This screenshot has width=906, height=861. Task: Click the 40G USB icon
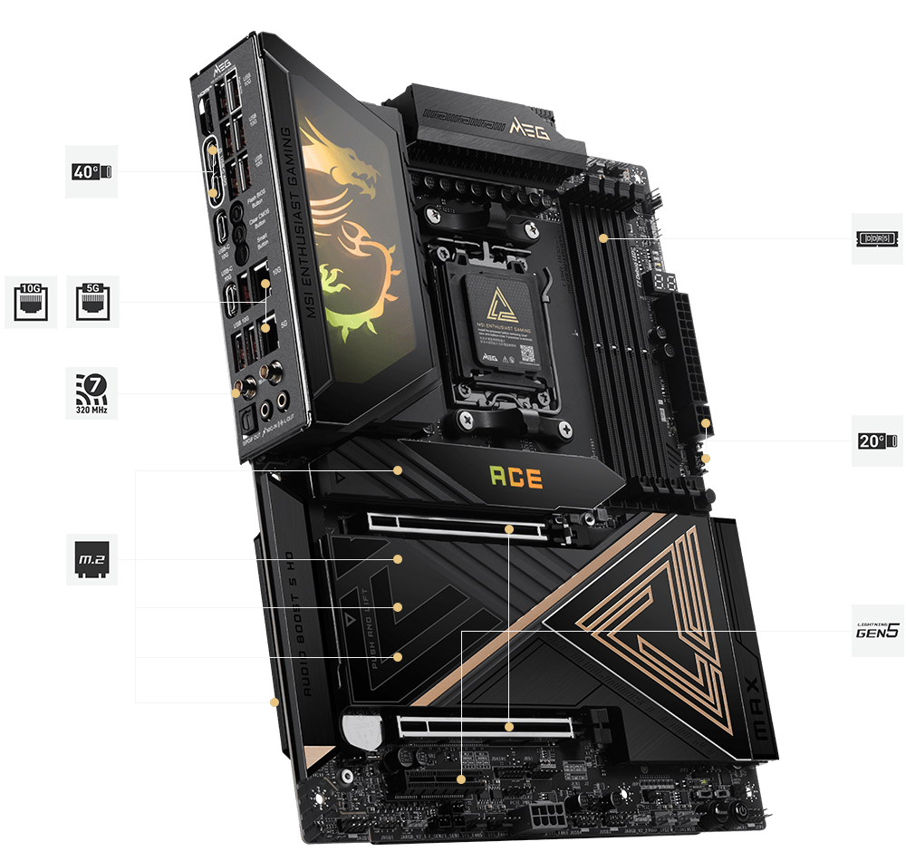[91, 170]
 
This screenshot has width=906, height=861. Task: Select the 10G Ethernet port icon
[31, 302]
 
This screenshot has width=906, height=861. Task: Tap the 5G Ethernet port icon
[92, 302]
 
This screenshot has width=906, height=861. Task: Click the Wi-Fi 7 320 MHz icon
[92, 392]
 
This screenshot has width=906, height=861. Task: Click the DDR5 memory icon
[877, 238]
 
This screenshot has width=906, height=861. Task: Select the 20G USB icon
[877, 441]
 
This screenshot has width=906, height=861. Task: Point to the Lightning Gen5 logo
[877, 629]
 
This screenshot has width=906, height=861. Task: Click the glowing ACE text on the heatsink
[516, 477]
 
